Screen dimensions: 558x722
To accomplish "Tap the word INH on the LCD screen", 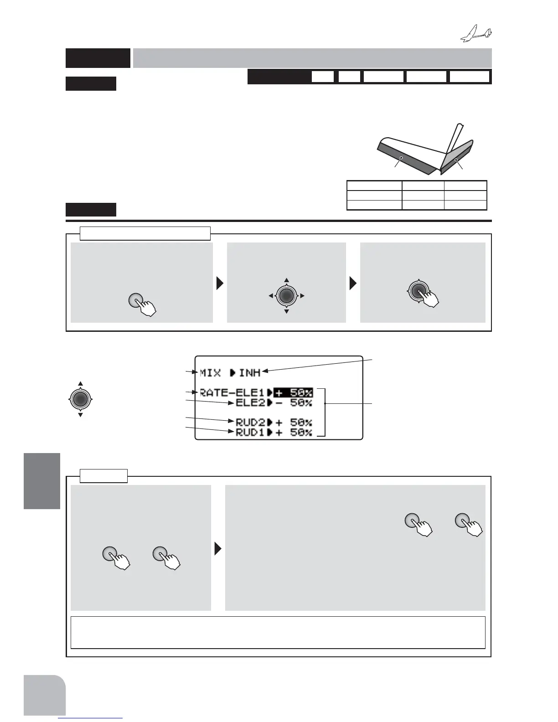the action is (x=250, y=373).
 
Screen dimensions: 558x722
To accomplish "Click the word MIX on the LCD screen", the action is (x=211, y=373).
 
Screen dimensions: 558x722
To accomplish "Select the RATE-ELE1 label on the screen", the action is (x=232, y=392).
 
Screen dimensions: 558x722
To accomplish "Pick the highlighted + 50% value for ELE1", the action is (x=293, y=392).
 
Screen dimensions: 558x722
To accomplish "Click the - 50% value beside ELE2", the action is (x=293, y=403).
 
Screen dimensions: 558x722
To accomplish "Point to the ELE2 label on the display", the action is (x=250, y=403).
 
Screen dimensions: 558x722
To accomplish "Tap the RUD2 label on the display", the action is (x=250, y=423).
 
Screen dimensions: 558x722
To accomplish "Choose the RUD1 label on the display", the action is (x=250, y=433).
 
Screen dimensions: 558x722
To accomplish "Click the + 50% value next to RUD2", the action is (x=293, y=423).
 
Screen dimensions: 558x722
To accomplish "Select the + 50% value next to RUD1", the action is (x=293, y=433).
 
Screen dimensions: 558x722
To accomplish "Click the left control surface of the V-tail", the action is (x=404, y=159).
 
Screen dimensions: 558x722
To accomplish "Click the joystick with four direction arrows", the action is (x=286, y=296).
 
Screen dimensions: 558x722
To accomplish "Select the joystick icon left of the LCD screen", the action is (x=80, y=399).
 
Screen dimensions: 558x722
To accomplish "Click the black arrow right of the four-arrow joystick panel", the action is (x=353, y=284).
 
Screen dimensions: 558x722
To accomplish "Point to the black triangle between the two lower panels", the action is (x=218, y=549).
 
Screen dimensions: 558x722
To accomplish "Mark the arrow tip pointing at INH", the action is (x=263, y=371).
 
